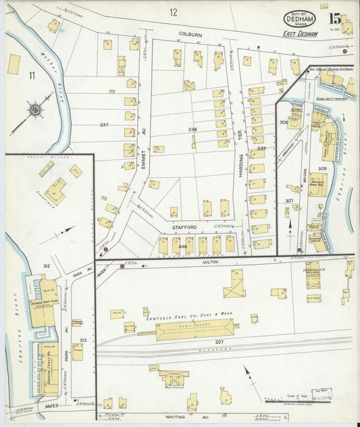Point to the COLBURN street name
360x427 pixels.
pos(190,33)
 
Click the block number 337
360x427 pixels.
pos(103,125)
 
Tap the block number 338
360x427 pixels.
pos(193,128)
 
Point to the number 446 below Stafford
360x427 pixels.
pos(182,247)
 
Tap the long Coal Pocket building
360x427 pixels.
pos(195,330)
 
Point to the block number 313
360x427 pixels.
pos(82,340)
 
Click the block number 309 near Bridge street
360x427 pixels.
pos(322,168)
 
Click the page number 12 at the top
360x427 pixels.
pos(174,11)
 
